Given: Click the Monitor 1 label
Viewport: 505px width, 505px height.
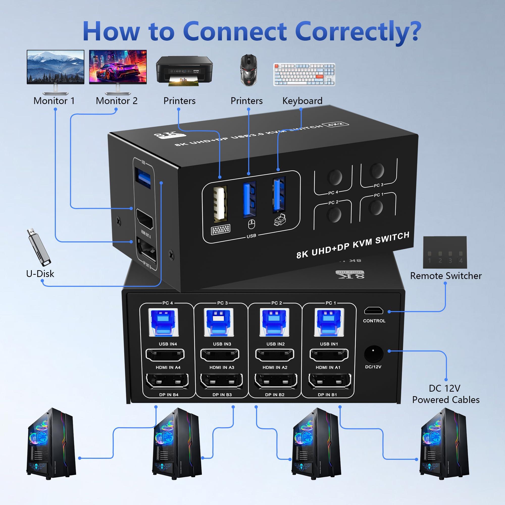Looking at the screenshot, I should click(x=54, y=101).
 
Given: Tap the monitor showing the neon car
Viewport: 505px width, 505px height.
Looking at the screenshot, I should click(x=118, y=67).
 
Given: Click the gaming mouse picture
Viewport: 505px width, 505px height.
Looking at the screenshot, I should click(x=248, y=70).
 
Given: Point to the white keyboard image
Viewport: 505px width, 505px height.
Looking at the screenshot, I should click(x=304, y=74).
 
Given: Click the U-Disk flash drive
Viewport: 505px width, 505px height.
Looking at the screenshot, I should click(x=38, y=247).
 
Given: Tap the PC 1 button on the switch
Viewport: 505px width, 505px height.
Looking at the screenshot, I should click(x=376, y=208).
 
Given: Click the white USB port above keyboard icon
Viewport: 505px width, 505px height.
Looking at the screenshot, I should click(x=220, y=204).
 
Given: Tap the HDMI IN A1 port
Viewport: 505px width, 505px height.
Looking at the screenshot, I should click(x=329, y=355).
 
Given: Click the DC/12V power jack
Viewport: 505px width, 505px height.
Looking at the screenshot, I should click(x=373, y=353).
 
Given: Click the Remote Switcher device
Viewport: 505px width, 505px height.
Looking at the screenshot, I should click(x=445, y=252).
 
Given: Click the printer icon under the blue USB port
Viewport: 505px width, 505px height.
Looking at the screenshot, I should click(x=280, y=219).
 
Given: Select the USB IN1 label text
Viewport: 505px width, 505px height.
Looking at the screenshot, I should click(x=329, y=344).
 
